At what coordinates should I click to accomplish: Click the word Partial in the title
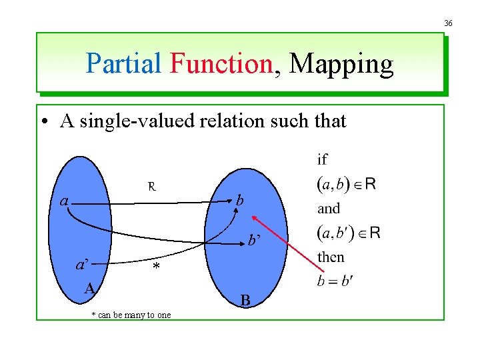coord(124,64)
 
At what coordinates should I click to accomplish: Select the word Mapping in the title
coord(341,65)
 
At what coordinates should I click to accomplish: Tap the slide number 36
coord(448,23)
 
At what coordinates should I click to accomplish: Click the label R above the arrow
coord(152,187)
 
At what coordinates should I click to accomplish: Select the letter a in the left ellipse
coord(63,200)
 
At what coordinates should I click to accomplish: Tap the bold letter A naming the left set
coord(89,288)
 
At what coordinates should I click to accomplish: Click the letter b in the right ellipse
coord(240,199)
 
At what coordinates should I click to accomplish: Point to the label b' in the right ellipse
coord(254,241)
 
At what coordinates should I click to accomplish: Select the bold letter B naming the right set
coord(245,301)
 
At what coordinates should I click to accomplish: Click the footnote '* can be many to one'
coord(131,315)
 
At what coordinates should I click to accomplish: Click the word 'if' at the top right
coord(323,159)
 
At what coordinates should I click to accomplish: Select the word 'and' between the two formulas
coord(329,209)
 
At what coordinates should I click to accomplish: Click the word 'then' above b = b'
coord(331,257)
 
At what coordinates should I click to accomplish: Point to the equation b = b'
coord(334,281)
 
